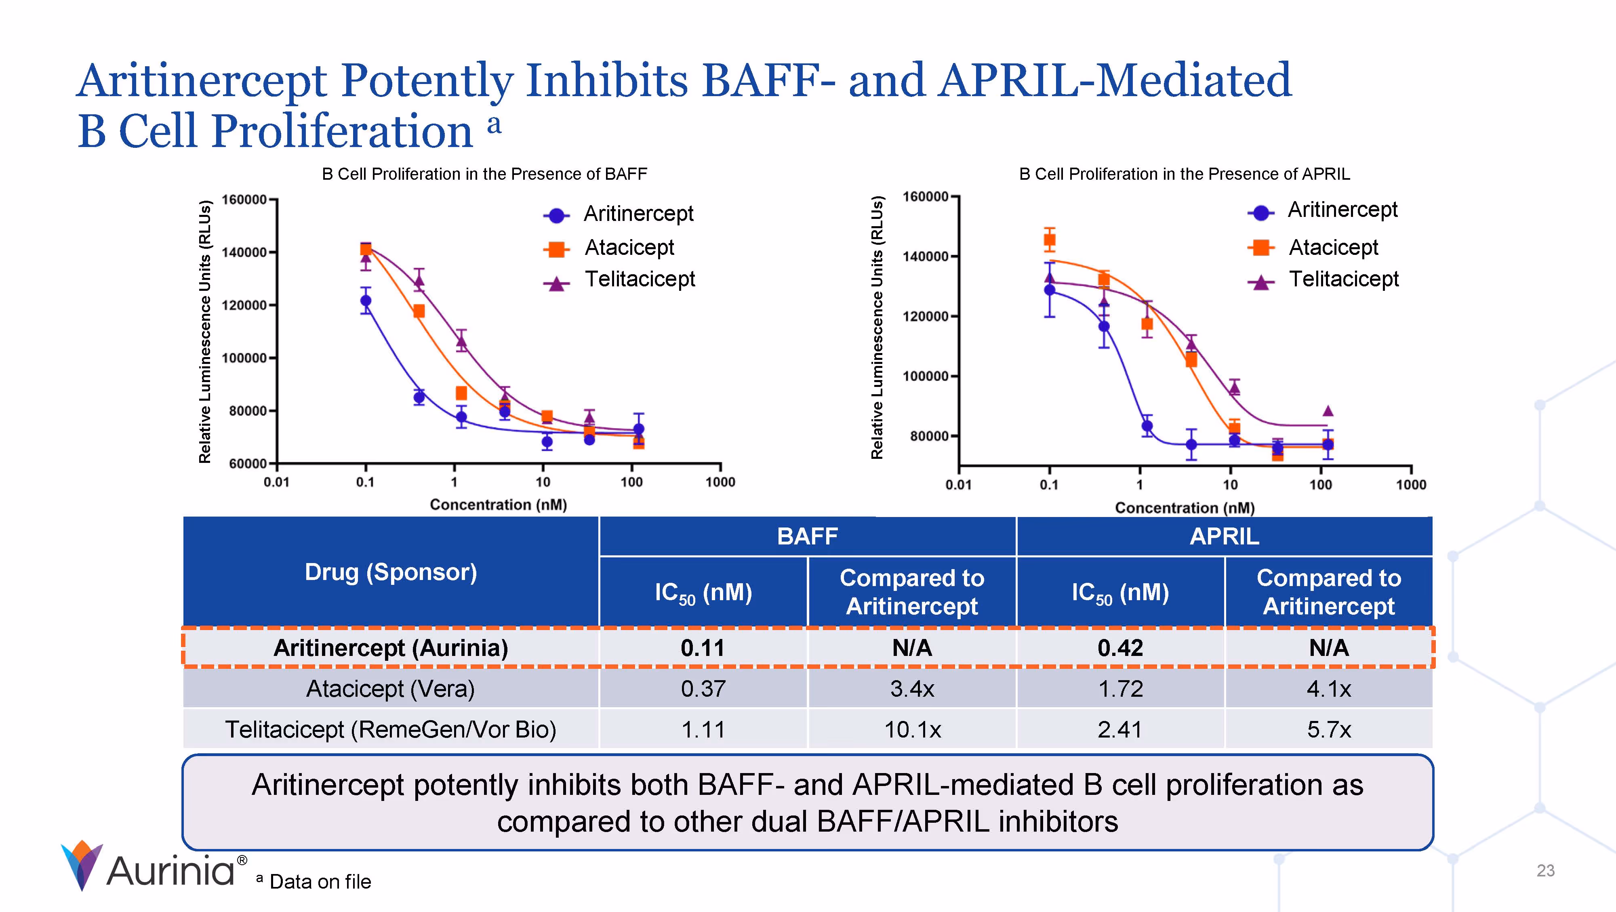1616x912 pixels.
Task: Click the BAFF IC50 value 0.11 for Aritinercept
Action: (703, 648)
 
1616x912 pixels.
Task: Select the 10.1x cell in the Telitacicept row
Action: (912, 729)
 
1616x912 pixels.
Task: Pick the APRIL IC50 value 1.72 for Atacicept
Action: (1120, 689)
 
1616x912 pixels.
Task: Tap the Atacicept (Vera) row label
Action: (390, 689)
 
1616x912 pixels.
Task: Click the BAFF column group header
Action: (807, 536)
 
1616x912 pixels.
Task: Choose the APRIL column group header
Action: (1224, 536)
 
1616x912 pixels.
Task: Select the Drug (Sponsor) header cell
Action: (390, 572)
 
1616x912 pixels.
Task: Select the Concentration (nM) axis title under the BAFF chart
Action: (498, 505)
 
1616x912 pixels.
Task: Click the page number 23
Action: (1545, 871)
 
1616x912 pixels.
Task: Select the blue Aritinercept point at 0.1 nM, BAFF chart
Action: (366, 300)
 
